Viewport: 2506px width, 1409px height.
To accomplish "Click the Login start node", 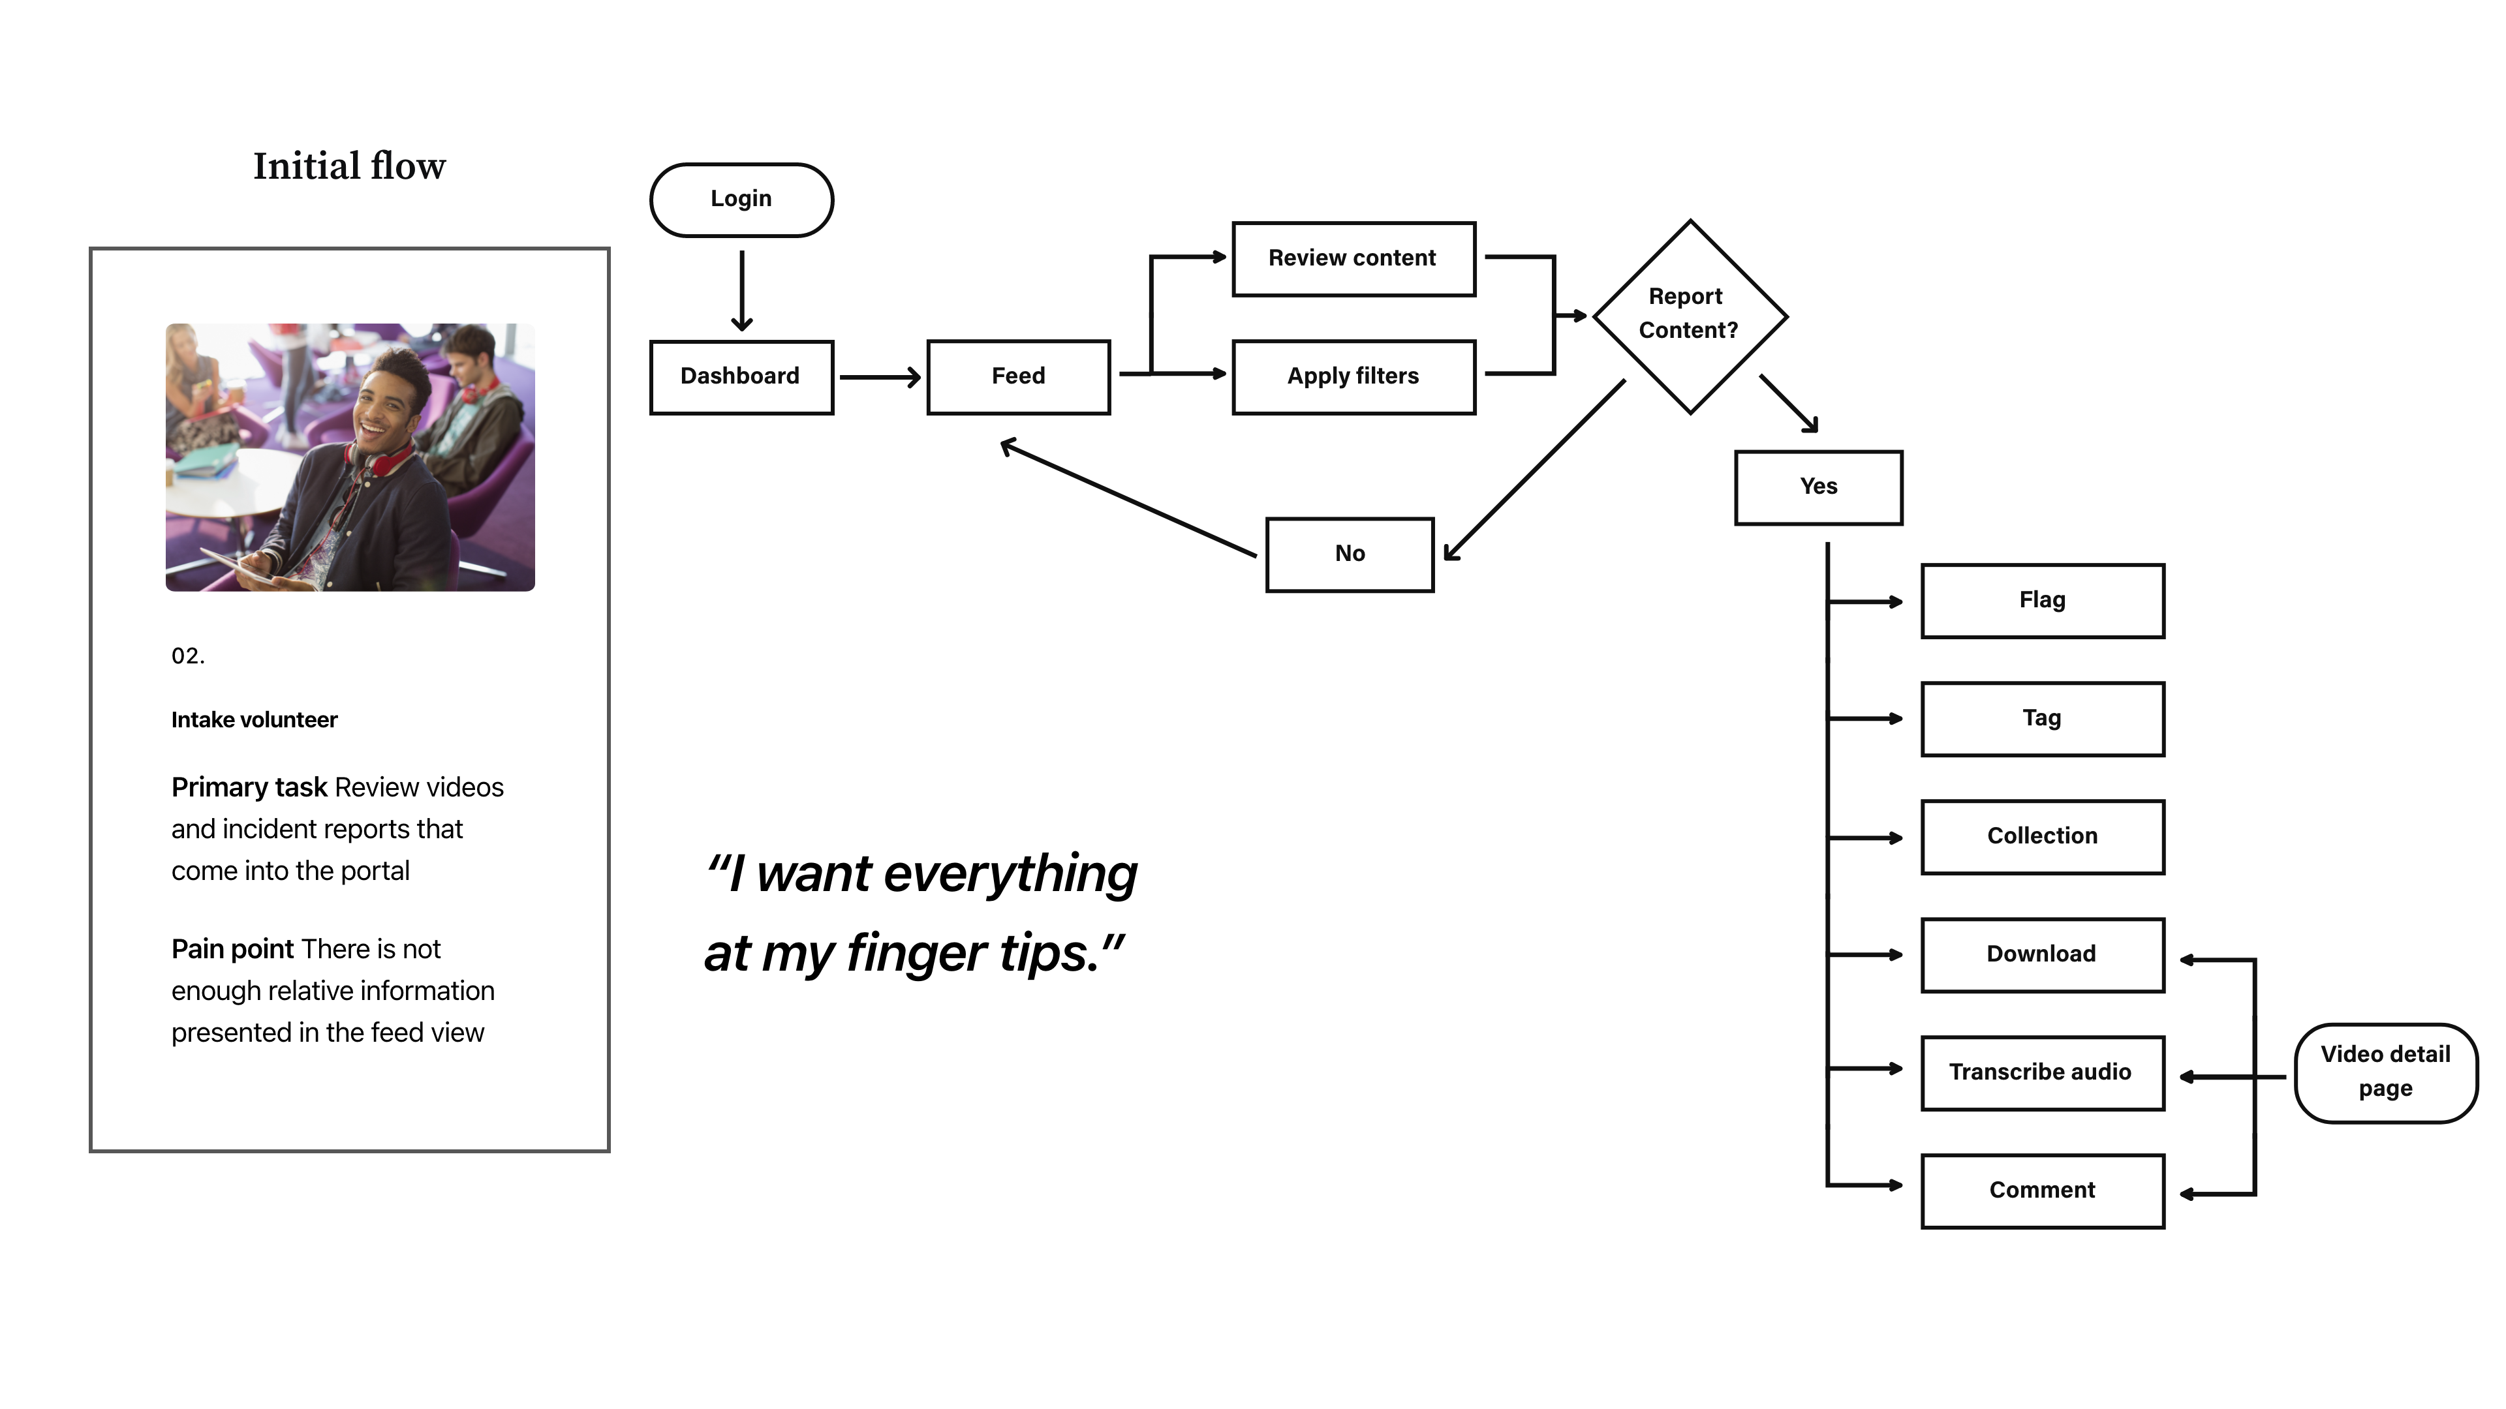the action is pyautogui.click(x=741, y=200).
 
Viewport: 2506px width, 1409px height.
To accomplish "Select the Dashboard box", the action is pyautogui.click(x=741, y=377).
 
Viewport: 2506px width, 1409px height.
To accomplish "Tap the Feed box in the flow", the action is pyautogui.click(x=1019, y=377).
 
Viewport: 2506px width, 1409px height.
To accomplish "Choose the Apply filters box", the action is pyautogui.click(x=1354, y=377).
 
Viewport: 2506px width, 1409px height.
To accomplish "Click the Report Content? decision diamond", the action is pyautogui.click(x=1690, y=316).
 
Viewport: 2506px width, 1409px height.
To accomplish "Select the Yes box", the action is pyautogui.click(x=1818, y=487).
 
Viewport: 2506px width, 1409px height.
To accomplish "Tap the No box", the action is pyautogui.click(x=1350, y=554).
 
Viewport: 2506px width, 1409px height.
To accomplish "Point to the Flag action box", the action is pyautogui.click(x=2042, y=601).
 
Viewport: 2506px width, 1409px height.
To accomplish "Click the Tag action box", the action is pyautogui.click(x=2042, y=719).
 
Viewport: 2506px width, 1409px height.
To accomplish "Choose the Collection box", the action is pyautogui.click(x=2042, y=837).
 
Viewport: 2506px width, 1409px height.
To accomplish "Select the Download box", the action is pyautogui.click(x=2042, y=955).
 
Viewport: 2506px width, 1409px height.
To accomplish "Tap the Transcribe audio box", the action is pyautogui.click(x=2042, y=1072).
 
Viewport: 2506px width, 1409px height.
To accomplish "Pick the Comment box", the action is pyautogui.click(x=2042, y=1191).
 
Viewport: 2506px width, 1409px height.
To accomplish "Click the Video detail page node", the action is pyautogui.click(x=2385, y=1072).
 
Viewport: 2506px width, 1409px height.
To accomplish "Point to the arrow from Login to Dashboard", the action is pyautogui.click(x=741, y=291).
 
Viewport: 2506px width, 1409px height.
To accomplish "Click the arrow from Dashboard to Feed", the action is pyautogui.click(x=880, y=377).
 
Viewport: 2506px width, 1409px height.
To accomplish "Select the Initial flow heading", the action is pyautogui.click(x=349, y=166).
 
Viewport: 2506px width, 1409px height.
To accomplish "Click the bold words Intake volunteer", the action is pyautogui.click(x=254, y=720).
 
